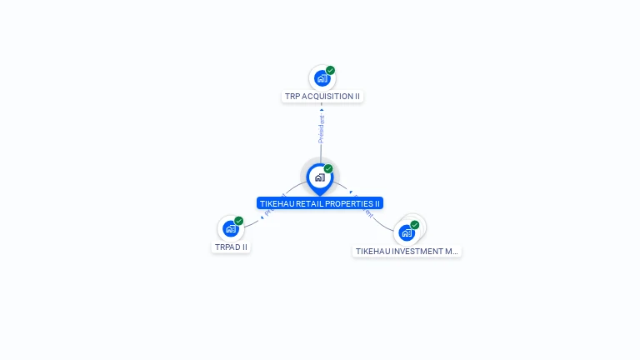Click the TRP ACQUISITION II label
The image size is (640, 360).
coord(322,97)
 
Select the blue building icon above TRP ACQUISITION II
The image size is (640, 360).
coord(322,79)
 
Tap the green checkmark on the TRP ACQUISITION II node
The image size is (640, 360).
coord(331,71)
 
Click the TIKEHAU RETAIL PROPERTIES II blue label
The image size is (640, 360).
coord(320,203)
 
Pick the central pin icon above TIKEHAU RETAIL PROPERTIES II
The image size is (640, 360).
coord(319,177)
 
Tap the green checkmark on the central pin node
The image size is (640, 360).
coord(328,169)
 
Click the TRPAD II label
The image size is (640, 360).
coord(231,247)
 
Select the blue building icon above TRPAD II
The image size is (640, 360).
coord(230,229)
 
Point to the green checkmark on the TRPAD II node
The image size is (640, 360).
coord(239,221)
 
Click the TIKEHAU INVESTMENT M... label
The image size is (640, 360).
coord(407,251)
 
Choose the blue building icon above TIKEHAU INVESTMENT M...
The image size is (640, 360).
coord(406,232)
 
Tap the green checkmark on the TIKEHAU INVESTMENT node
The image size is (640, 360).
coord(415,225)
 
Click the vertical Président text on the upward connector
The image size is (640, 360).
coord(322,128)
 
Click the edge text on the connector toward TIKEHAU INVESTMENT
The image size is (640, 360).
coord(365,209)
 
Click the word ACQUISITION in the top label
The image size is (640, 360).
coord(328,97)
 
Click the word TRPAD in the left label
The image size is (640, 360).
coord(227,247)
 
